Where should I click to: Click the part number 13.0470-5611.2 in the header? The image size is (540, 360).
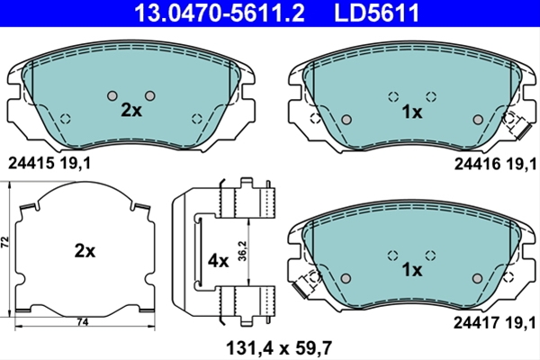[220, 13]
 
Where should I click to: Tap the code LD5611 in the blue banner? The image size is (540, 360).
[377, 13]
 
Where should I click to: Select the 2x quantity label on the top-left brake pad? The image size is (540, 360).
[131, 110]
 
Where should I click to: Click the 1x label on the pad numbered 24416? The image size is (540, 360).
[412, 112]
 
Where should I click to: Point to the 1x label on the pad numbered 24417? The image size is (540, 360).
[412, 270]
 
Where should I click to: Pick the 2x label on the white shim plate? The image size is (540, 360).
[85, 251]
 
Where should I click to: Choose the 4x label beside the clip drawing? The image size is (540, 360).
[218, 262]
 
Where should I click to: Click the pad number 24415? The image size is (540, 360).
[31, 163]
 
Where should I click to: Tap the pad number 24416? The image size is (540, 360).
[477, 164]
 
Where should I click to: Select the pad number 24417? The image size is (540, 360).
[476, 323]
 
